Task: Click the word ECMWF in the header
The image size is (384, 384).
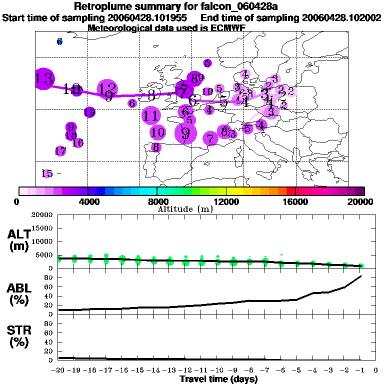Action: [x=227, y=28]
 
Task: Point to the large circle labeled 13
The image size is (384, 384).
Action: [x=44, y=78]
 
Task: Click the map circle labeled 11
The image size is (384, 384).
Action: [x=150, y=115]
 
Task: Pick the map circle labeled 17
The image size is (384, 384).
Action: [x=60, y=151]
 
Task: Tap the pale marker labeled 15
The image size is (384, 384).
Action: [x=47, y=173]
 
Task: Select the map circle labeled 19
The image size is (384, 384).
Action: [x=89, y=112]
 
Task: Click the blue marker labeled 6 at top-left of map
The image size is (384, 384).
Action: [x=59, y=41]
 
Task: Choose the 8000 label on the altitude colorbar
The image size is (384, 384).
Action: [x=157, y=202]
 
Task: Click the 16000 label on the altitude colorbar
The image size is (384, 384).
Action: [x=295, y=202]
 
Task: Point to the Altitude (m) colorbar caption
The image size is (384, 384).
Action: [x=185, y=209]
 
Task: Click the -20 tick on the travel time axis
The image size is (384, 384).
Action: [x=58, y=370]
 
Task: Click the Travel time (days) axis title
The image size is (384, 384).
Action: [x=218, y=379]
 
